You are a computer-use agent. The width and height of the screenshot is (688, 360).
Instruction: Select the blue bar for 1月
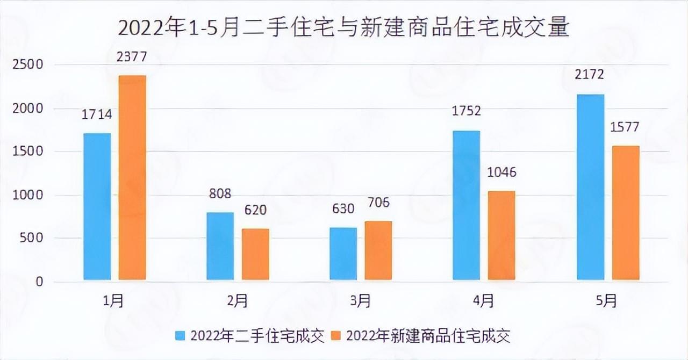[97, 206]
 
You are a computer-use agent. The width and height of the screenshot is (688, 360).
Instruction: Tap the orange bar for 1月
[132, 177]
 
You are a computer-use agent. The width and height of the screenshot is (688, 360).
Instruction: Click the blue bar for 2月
[220, 246]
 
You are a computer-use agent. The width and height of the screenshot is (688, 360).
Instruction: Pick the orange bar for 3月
[378, 250]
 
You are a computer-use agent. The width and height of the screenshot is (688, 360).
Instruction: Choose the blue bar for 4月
[467, 205]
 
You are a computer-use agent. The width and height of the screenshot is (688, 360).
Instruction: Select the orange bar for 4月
[501, 235]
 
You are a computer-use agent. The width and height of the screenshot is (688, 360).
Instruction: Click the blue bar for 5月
[591, 187]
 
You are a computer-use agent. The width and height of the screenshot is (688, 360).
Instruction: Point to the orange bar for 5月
[626, 213]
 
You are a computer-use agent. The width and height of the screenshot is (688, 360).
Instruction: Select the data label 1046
[501, 172]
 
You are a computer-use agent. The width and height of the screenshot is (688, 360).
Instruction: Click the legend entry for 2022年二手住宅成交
[250, 336]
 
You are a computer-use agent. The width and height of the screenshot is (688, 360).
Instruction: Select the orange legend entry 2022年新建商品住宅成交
[420, 336]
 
